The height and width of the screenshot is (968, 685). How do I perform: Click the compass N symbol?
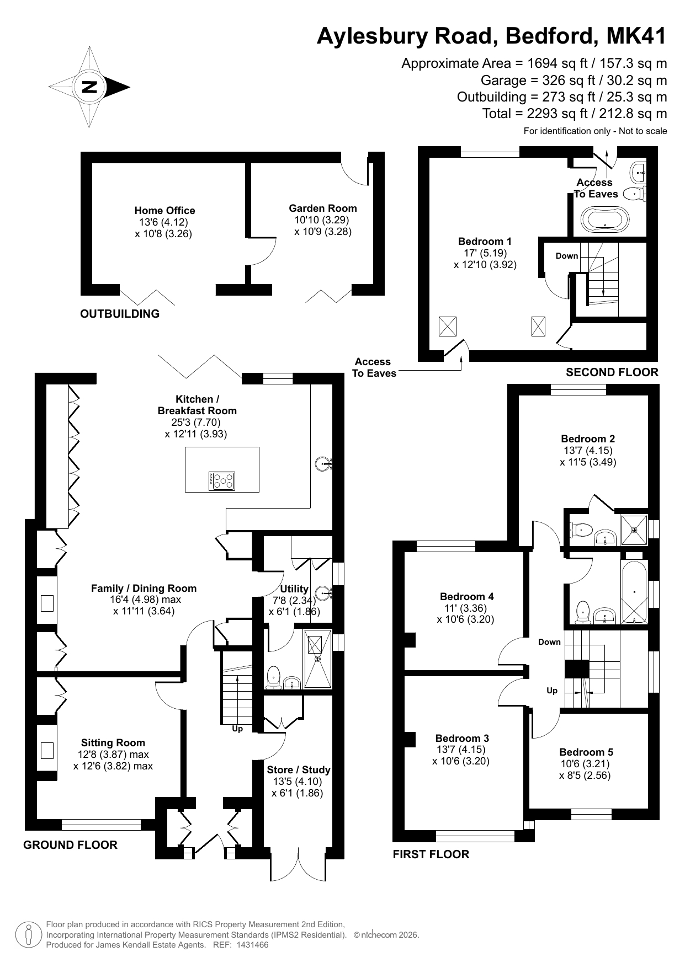pos(89,87)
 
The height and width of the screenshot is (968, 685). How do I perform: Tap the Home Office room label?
pos(164,210)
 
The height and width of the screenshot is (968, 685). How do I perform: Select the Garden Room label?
pos(323,208)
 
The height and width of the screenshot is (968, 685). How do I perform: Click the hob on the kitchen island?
pos(222,481)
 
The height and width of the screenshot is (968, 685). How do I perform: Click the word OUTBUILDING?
pos(120,314)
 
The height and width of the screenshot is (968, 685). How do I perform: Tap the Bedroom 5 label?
pos(586,752)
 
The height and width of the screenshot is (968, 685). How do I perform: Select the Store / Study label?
pos(299,770)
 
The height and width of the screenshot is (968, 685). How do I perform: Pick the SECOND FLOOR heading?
pos(612,372)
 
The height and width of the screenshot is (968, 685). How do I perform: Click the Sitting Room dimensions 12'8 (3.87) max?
pos(113,755)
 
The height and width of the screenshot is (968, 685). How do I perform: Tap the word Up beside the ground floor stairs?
pos(237,729)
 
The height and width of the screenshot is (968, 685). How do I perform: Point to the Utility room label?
pos(294,589)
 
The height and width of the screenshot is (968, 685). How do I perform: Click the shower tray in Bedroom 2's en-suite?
pos(634,530)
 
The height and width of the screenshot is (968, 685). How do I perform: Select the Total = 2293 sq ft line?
pos(575,114)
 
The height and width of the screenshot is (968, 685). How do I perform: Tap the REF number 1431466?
pos(252,945)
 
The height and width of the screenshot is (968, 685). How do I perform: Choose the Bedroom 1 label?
pos(485,241)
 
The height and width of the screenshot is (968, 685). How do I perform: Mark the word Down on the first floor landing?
pos(549,642)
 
